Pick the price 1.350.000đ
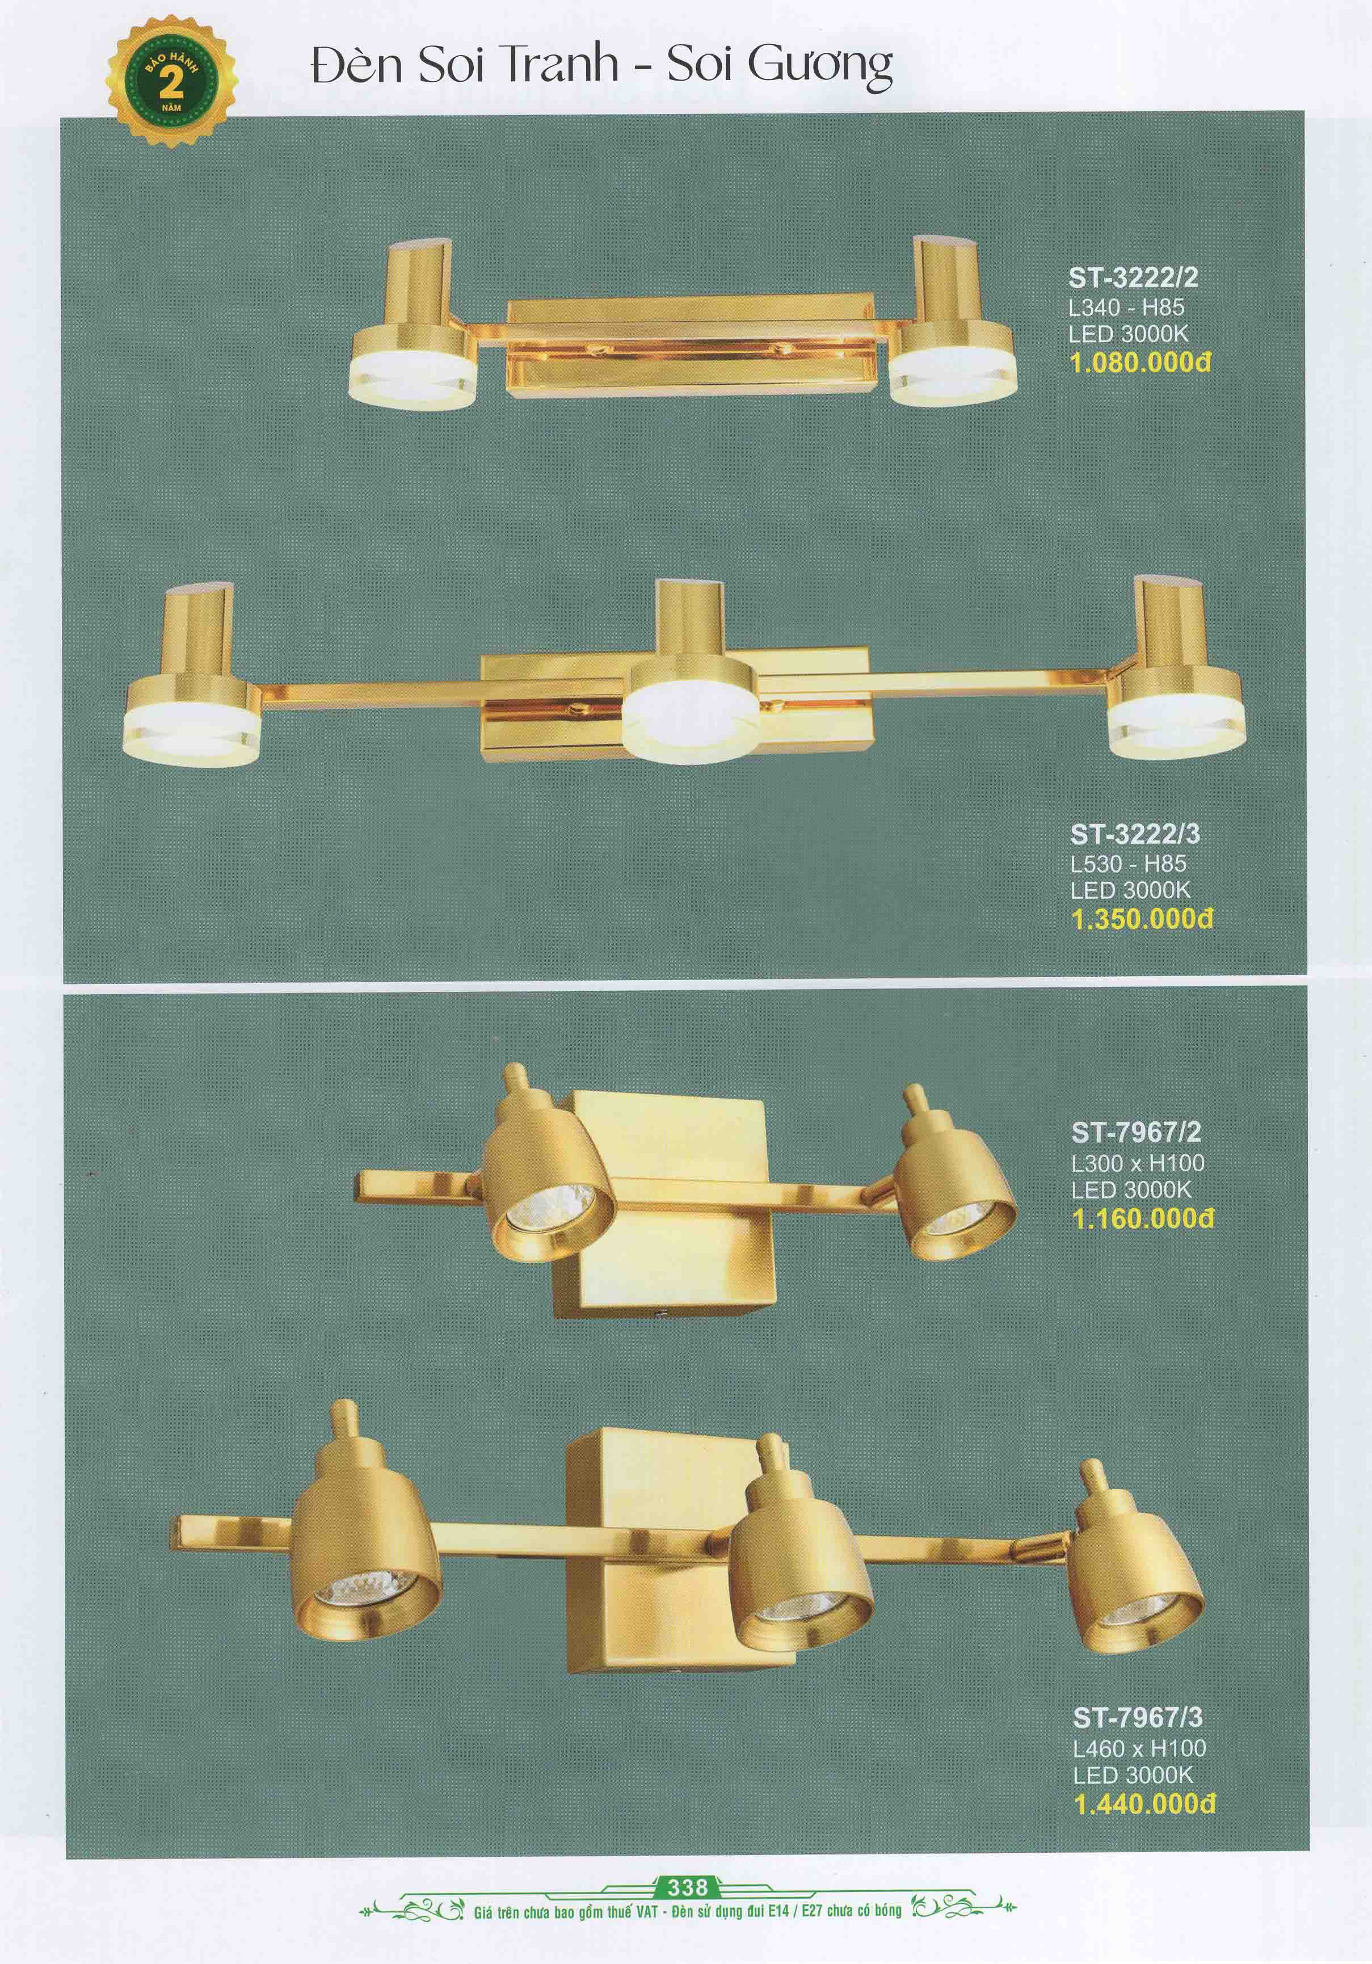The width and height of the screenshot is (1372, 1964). coord(1142,919)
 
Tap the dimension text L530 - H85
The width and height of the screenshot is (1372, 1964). coord(1127,863)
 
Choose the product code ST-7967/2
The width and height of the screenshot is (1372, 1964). coord(1136,1133)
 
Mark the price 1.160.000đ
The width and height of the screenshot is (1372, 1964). coord(1143,1218)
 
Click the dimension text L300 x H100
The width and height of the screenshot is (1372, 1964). coord(1138,1163)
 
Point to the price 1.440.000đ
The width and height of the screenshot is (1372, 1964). coord(1144,1804)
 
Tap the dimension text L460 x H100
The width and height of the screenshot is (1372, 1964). coord(1139,1748)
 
